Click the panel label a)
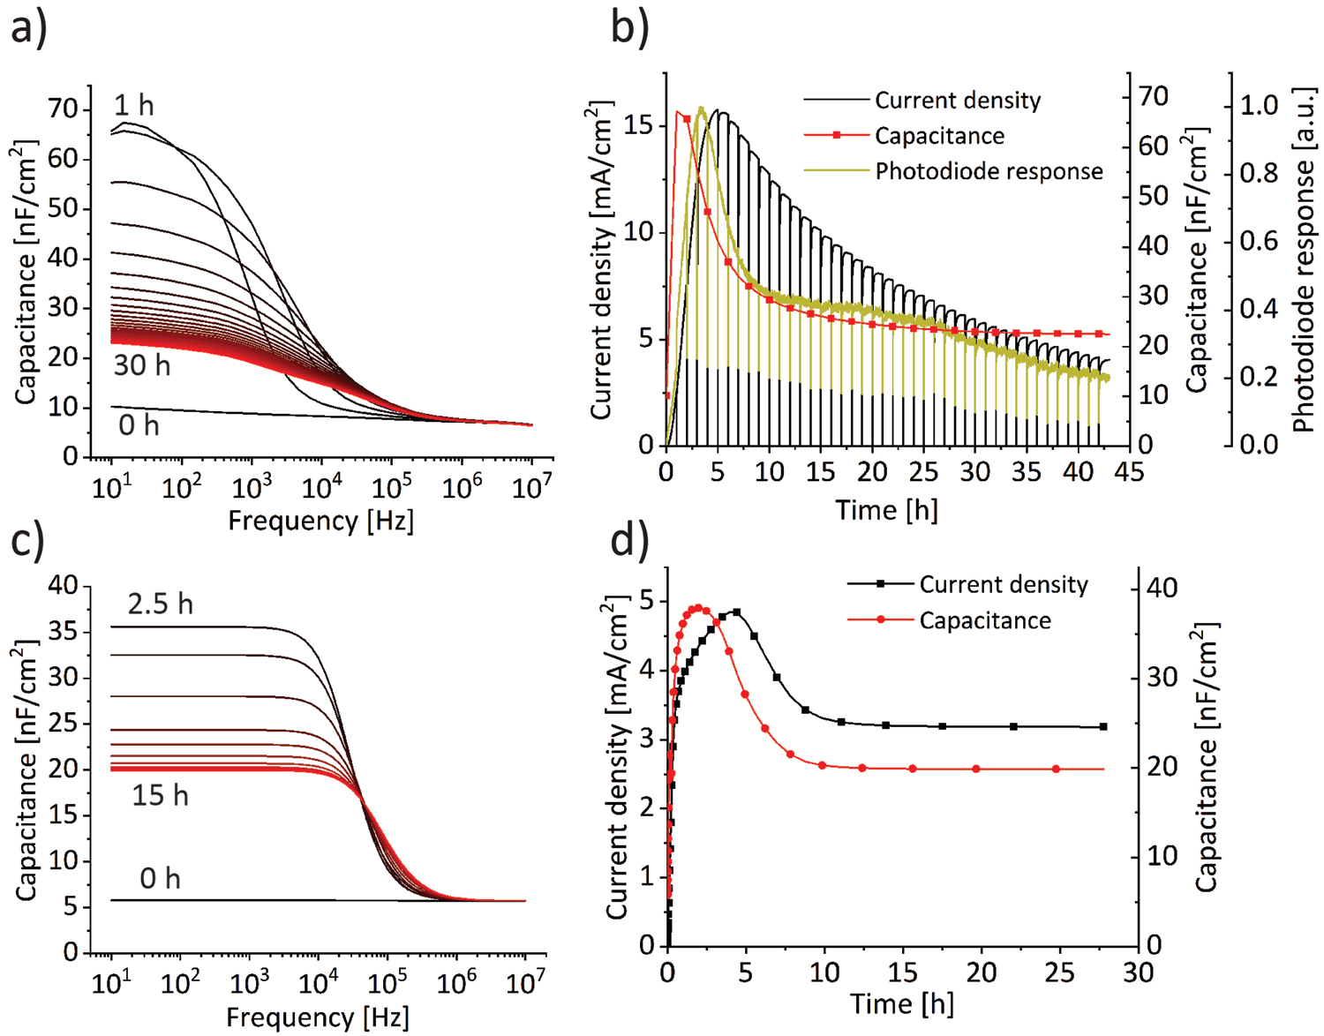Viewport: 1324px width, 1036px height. coord(28,28)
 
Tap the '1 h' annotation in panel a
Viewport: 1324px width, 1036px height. coord(133,106)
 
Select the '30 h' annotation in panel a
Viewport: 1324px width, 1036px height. coord(141,364)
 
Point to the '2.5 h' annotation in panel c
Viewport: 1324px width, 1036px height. coord(160,604)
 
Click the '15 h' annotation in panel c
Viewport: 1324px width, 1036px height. coord(160,795)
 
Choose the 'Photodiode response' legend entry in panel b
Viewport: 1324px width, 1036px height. coord(989,171)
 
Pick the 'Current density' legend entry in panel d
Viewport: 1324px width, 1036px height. coord(1004,584)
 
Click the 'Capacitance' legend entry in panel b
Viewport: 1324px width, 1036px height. coord(939,136)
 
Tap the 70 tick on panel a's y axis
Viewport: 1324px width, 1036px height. coord(64,109)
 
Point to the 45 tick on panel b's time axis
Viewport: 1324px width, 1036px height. coord(1129,472)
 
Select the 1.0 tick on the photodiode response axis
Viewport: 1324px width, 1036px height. coord(1259,105)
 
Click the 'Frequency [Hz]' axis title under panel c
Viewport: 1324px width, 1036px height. coord(318,1017)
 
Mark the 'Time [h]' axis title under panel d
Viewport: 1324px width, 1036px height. coord(901,1003)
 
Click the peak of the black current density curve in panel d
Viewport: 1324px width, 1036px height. coord(736,611)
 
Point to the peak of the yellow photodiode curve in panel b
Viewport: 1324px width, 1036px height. coord(701,109)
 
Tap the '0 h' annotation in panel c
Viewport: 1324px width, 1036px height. coord(160,878)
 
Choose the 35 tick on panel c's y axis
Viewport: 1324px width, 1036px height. coord(64,632)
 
